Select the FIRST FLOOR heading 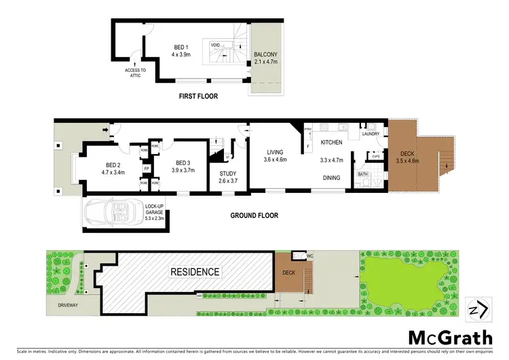pos(198,96)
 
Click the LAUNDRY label pos(371,134)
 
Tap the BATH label pos(364,174)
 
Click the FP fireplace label pos(146,168)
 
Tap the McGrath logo pos(445,337)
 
